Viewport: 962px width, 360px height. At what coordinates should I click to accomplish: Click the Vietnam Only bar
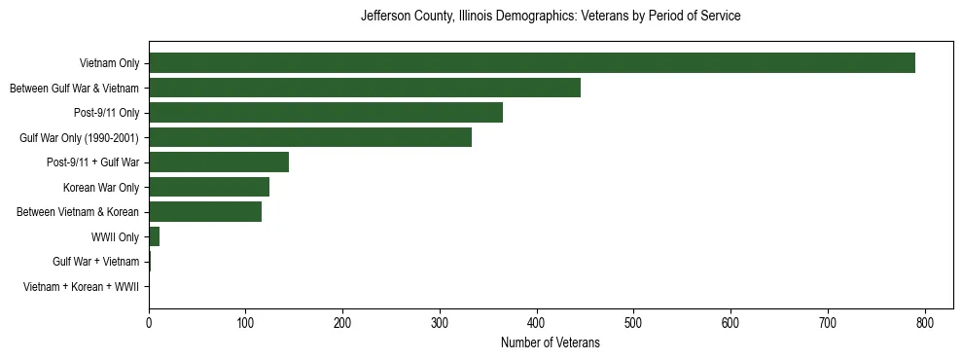click(x=531, y=63)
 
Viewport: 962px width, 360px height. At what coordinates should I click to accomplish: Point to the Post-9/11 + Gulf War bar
click(x=218, y=162)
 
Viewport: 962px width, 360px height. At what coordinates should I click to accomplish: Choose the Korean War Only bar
click(x=208, y=187)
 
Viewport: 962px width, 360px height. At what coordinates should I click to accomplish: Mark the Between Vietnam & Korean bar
click(x=204, y=212)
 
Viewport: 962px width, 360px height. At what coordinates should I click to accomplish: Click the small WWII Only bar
click(x=154, y=236)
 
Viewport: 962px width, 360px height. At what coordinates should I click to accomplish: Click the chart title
click(x=551, y=17)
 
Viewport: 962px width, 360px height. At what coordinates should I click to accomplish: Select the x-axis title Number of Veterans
click(x=550, y=343)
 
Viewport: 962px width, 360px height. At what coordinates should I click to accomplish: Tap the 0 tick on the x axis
click(x=149, y=323)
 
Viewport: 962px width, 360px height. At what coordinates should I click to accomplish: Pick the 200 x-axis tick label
click(x=342, y=323)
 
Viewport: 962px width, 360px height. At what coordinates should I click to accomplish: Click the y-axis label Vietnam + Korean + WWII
click(x=81, y=287)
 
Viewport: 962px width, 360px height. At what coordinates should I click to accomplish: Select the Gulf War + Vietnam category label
click(x=96, y=262)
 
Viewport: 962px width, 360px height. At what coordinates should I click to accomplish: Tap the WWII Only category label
click(x=115, y=237)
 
